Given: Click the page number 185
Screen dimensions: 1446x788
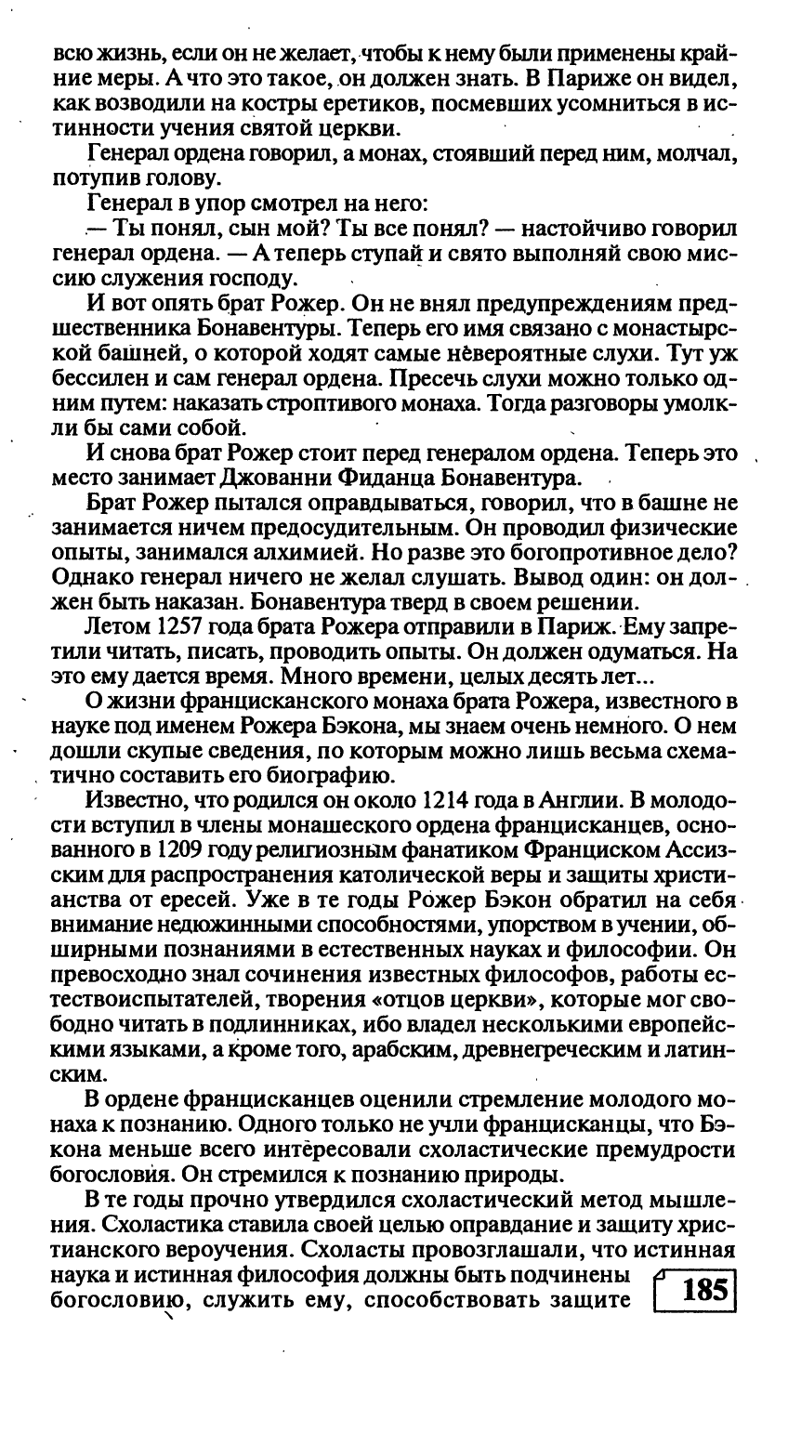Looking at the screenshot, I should (703, 1292).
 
